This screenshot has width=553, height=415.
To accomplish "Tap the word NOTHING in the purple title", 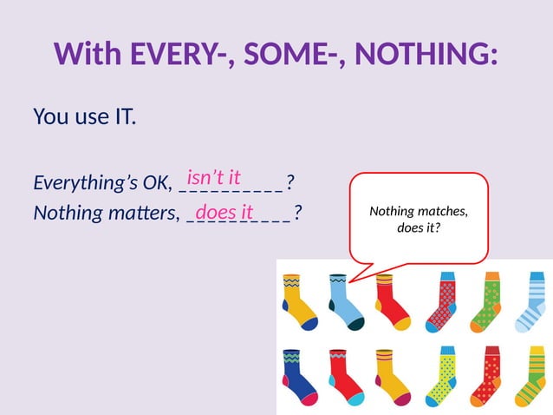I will click(425, 55).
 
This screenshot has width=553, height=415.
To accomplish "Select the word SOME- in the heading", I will click(291, 55).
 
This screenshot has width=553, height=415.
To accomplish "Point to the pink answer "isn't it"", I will click(213, 178).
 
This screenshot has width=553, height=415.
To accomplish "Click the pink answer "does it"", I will click(224, 212).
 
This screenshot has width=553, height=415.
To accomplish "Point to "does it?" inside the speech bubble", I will click(418, 228).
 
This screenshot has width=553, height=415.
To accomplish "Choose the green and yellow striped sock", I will click(530, 377).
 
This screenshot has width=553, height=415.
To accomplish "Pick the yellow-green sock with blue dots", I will click(440, 377).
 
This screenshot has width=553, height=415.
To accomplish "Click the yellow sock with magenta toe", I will click(391, 377).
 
